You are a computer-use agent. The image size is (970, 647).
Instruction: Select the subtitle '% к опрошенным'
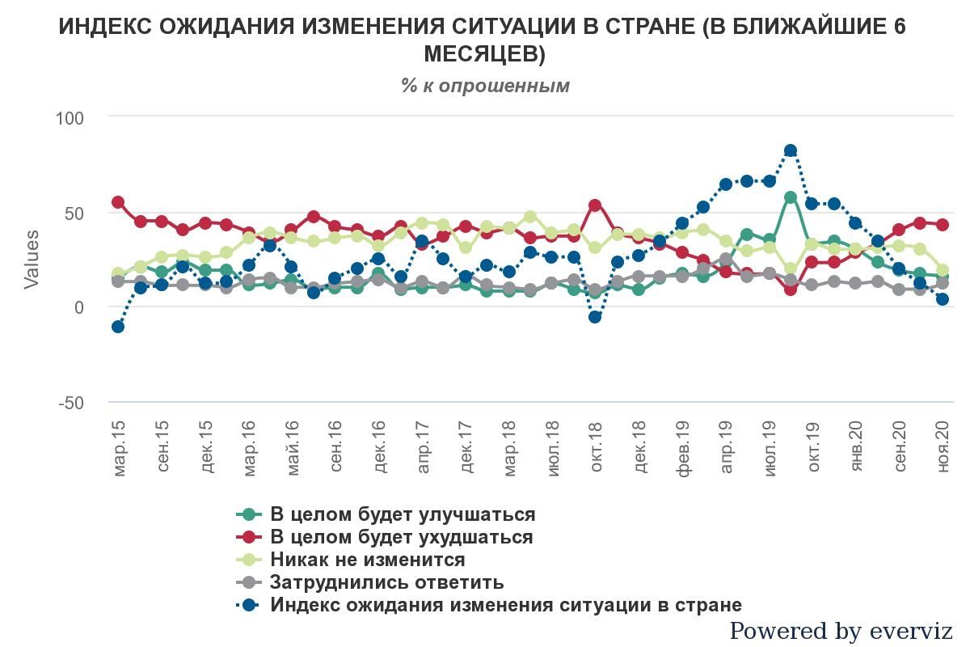pos(485,86)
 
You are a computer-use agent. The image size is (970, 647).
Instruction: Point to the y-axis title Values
pos(32,260)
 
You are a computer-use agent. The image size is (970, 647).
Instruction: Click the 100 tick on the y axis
pos(70,118)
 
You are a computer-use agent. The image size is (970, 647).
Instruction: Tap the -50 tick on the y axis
pos(71,404)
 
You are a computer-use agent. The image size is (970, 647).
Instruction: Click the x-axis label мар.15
pos(119,448)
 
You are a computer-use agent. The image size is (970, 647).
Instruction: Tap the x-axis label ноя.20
pos(943,448)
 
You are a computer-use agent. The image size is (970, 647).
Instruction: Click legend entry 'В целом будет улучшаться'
pos(402,514)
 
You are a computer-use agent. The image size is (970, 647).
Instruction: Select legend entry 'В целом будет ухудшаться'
pos(401,537)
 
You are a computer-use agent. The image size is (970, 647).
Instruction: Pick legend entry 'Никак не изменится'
pos(367,560)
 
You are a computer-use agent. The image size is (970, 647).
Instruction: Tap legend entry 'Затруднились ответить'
pos(386,582)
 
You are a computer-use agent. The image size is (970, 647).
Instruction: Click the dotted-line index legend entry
pos(505,605)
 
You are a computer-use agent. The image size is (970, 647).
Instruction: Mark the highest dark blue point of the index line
pos(791,150)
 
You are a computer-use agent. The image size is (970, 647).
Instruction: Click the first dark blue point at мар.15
pos(118,327)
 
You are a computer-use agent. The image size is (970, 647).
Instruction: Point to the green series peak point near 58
pos(791,197)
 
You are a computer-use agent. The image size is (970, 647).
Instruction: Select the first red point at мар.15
pos(118,202)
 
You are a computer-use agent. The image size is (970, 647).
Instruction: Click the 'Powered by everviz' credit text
pos(841,631)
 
